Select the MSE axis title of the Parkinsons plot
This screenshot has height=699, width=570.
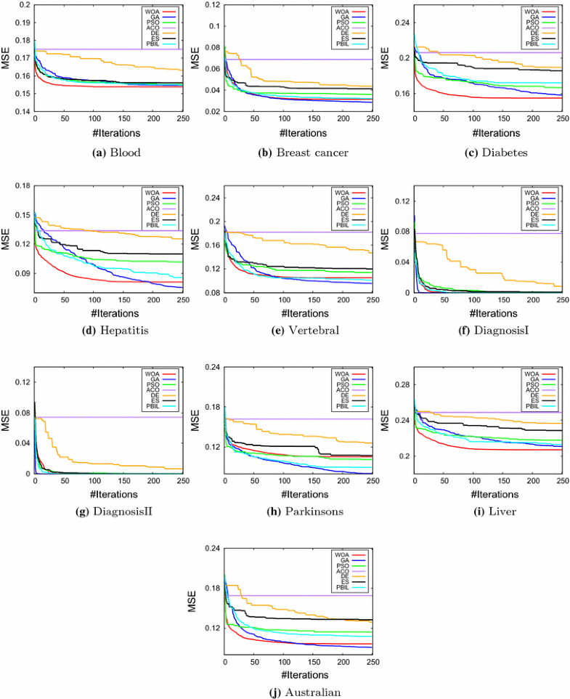[195, 421]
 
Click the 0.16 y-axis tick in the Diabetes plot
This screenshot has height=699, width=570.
[402, 94]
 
